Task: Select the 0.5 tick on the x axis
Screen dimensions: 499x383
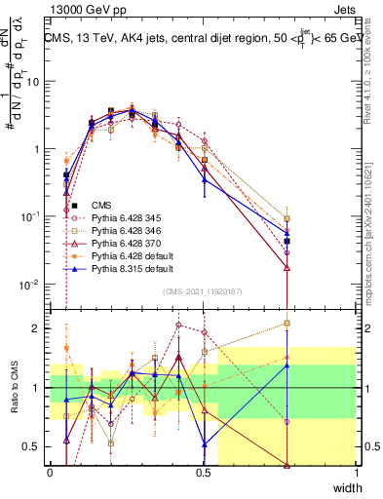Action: pyautogui.click(x=203, y=473)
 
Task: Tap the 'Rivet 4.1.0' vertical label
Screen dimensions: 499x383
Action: pyautogui.click(x=375, y=73)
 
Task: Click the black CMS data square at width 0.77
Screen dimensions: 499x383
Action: pyautogui.click(x=287, y=241)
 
